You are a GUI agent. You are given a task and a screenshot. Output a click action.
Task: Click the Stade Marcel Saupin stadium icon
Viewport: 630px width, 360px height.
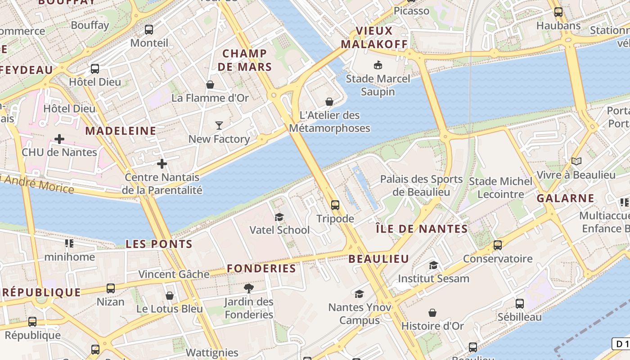click(378, 65)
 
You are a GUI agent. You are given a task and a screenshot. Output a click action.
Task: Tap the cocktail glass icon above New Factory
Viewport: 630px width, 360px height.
click(219, 125)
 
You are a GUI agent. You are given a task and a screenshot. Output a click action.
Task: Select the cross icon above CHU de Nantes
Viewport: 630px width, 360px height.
click(59, 139)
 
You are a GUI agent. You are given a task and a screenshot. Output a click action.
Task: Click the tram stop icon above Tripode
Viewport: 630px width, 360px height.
click(335, 205)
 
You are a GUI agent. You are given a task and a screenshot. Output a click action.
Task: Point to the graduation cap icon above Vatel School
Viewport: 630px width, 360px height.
click(279, 217)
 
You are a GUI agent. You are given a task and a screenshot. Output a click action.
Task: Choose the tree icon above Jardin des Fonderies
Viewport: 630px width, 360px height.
click(248, 288)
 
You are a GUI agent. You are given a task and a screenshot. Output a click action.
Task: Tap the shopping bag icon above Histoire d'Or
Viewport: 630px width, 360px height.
click(432, 312)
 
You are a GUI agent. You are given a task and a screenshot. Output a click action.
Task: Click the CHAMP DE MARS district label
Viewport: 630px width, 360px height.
click(245, 60)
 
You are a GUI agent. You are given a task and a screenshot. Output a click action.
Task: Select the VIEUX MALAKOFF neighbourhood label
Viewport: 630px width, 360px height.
click(374, 37)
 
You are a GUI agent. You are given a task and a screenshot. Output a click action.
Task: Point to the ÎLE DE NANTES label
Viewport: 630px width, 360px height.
click(422, 229)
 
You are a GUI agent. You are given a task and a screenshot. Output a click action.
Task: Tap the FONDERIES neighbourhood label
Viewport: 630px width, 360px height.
click(261, 269)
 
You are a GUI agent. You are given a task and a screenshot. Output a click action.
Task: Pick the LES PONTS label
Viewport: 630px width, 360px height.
click(159, 244)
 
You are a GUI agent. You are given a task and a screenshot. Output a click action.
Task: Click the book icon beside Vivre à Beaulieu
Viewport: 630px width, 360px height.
click(576, 161)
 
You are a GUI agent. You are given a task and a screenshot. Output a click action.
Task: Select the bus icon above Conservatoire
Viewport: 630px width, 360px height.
click(498, 245)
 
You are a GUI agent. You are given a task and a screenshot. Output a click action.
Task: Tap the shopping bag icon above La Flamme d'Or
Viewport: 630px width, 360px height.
click(210, 84)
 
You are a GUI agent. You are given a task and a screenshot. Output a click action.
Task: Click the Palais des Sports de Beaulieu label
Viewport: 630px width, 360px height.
click(421, 185)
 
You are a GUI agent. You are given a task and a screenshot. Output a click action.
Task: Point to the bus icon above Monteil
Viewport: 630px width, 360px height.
click(149, 30)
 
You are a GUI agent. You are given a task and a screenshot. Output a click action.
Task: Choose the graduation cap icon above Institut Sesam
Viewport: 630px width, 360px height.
click(433, 265)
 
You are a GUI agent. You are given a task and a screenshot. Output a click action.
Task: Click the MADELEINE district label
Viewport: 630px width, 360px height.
click(121, 131)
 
